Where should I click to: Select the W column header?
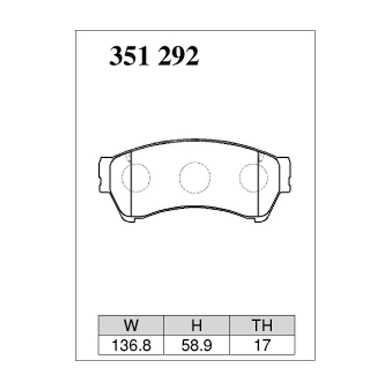pos(131,325)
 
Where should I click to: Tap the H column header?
pos(196,325)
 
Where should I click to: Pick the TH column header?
pos(262,325)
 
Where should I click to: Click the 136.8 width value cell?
pos(131,346)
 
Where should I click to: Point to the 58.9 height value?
pos(196,346)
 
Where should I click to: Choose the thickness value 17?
pos(262,346)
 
